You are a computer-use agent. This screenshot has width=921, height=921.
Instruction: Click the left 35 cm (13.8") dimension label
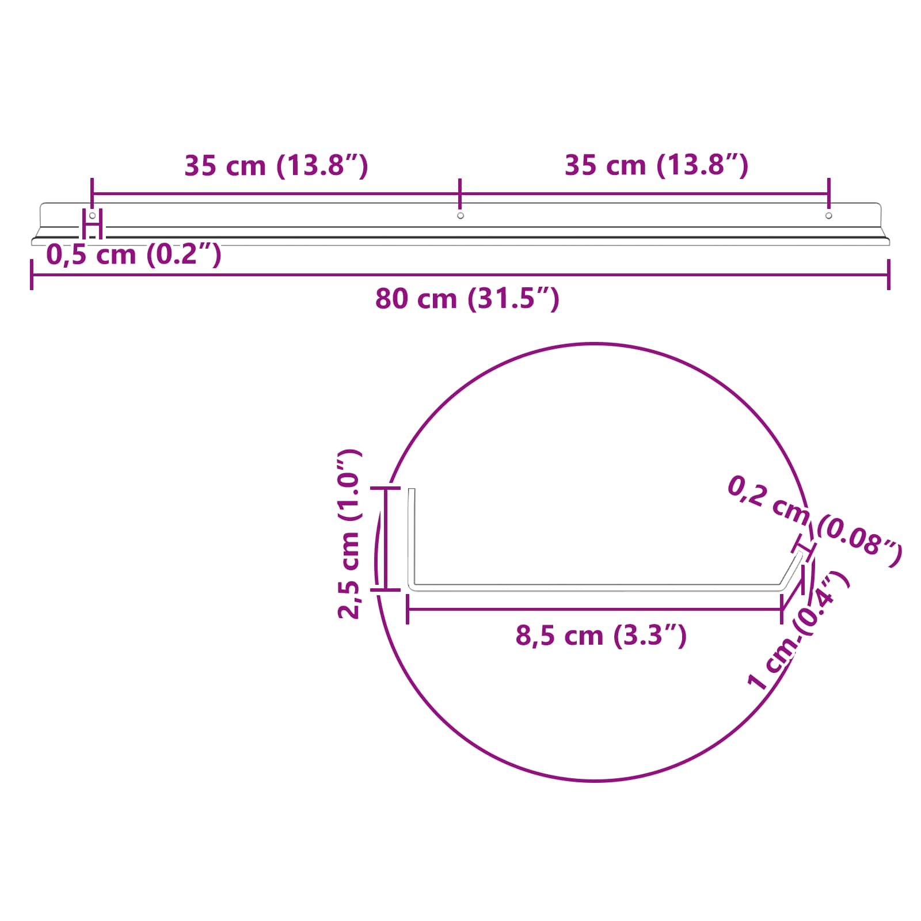pyautogui.click(x=276, y=166)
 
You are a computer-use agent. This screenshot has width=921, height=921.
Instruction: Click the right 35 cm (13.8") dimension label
pyautogui.click(x=656, y=166)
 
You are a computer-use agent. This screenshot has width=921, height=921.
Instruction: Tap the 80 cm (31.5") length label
pyautogui.click(x=467, y=299)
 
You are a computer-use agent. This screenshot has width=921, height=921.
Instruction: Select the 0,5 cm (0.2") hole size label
pyautogui.click(x=134, y=254)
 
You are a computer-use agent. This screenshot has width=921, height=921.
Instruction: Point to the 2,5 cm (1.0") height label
pyautogui.click(x=349, y=534)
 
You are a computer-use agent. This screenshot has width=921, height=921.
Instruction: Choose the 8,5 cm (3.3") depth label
pyautogui.click(x=601, y=635)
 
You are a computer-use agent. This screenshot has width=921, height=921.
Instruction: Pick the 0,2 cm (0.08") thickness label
pyautogui.click(x=814, y=521)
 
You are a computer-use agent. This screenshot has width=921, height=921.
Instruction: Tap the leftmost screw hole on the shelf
pyautogui.click(x=92, y=215)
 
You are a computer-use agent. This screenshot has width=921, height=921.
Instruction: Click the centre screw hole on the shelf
pyautogui.click(x=461, y=216)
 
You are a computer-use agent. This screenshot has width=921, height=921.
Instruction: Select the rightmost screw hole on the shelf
pyautogui.click(x=829, y=216)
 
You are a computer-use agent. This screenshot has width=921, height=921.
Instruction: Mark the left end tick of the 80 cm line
pyautogui.click(x=32, y=275)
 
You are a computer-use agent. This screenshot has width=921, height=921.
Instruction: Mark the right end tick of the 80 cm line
pyautogui.click(x=889, y=275)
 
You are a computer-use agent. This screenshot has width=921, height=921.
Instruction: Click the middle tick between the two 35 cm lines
pyautogui.click(x=460, y=193)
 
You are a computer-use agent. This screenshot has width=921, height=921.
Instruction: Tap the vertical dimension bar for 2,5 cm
pyautogui.click(x=385, y=538)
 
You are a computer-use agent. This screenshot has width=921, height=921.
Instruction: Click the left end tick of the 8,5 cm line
pyautogui.click(x=408, y=609)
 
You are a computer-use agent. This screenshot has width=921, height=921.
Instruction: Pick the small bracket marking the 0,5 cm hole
pyautogui.click(x=92, y=224)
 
